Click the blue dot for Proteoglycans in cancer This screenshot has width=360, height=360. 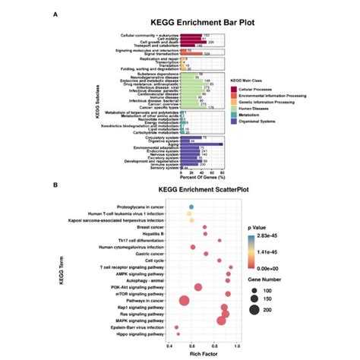click(191, 206)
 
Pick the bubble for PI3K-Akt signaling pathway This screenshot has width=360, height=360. click(197, 287)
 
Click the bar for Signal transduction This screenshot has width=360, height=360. click(182, 54)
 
